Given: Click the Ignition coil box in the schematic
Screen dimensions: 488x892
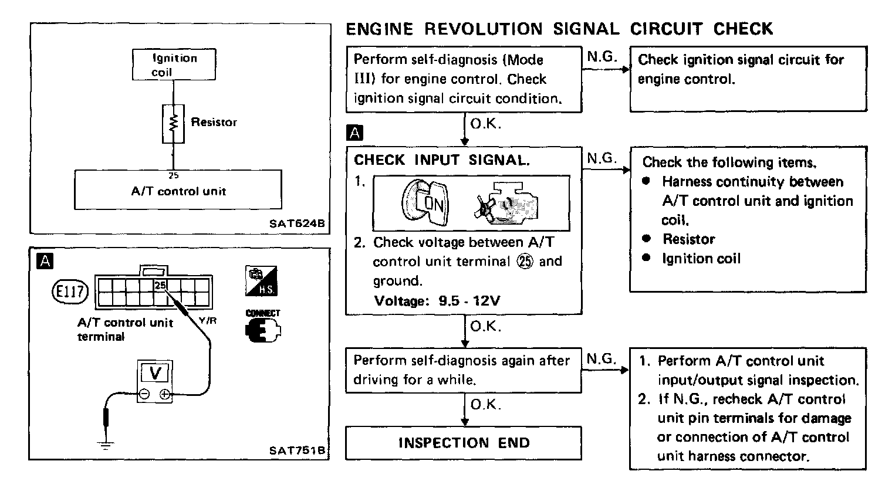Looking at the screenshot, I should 174,65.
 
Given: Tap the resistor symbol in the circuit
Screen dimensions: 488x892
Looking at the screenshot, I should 173,123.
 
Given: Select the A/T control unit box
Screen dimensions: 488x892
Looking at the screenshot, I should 178,190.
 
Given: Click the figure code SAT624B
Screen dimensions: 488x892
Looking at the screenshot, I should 298,223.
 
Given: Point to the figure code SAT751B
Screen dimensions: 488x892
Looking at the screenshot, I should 297,450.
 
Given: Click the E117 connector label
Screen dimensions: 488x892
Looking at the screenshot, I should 70,291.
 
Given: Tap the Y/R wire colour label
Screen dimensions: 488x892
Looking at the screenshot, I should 208,321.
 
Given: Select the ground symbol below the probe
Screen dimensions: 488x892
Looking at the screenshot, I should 106,445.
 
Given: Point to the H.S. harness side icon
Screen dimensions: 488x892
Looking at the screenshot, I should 262,282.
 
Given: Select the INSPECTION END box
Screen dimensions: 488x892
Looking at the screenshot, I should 464,443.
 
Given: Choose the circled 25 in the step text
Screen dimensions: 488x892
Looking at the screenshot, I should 525,262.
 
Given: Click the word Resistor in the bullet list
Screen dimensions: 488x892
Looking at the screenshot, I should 688,239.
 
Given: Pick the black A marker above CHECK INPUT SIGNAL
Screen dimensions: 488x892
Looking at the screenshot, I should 355,133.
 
